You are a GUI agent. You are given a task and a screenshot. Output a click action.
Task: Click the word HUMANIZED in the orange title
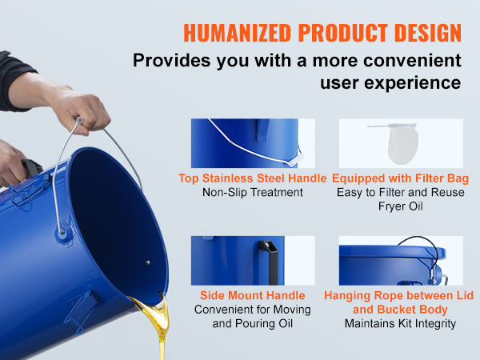pos(237,33)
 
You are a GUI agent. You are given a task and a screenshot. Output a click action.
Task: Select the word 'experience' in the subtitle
pos(390,83)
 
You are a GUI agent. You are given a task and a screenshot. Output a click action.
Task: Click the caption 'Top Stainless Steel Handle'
pos(253,178)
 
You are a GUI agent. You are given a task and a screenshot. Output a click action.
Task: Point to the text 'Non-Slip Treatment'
pos(253,192)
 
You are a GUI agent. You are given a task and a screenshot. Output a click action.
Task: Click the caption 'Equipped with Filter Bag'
pos(401,178)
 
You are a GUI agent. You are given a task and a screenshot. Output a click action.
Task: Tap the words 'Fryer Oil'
pos(401,206)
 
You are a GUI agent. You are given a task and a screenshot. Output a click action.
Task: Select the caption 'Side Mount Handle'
pos(253,295)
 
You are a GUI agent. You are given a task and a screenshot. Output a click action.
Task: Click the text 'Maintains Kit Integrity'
pos(401,323)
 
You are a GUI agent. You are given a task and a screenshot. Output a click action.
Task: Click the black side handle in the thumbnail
pos(269,262)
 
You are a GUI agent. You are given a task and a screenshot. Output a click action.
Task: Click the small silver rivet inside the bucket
pos(147,262)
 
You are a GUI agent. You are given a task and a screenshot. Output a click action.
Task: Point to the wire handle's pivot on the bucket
pos(62,233)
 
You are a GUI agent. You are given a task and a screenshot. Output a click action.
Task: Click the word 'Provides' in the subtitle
pos(172,60)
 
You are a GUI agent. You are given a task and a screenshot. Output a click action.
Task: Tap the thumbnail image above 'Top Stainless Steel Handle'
pos(253,143)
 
